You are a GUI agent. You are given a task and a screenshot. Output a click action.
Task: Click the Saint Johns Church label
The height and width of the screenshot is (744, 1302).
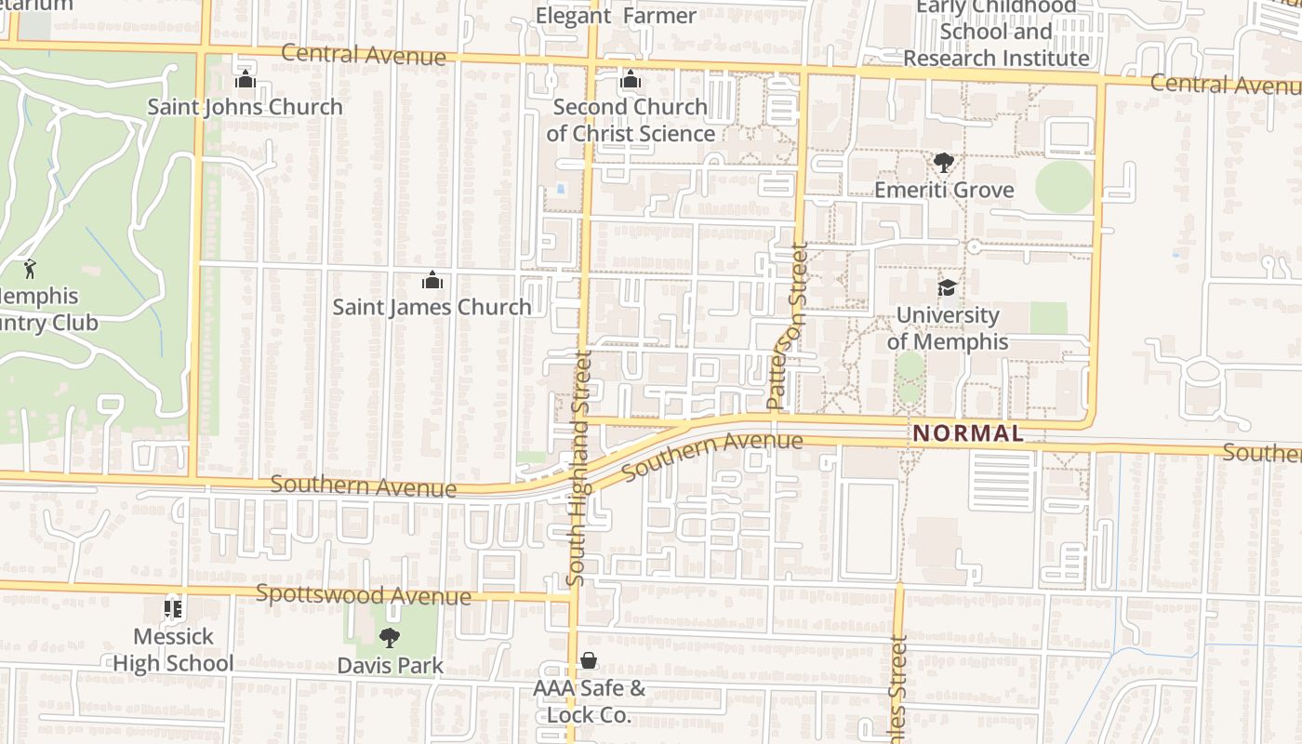[246, 107]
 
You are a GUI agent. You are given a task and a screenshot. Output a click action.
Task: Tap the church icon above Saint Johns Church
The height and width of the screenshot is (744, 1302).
[246, 80]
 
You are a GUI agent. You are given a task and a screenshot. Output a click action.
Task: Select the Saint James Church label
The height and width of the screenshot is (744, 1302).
[432, 307]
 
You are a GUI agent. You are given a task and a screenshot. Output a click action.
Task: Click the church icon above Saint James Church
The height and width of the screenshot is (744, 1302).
[432, 280]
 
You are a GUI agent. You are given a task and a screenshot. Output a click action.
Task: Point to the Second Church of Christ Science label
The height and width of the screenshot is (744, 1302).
[631, 120]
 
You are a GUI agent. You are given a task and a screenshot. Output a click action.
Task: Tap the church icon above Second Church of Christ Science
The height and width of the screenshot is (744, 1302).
[631, 80]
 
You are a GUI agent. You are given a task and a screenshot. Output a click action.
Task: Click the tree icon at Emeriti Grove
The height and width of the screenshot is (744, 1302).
[944, 164]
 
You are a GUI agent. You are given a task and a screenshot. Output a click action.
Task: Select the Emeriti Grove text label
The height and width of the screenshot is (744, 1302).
[944, 190]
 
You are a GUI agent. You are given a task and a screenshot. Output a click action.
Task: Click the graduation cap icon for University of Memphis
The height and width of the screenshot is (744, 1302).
[947, 287]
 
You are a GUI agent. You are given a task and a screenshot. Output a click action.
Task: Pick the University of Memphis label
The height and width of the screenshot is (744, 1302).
[947, 328]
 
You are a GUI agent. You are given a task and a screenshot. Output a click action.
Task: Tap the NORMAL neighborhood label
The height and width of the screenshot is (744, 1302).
[968, 433]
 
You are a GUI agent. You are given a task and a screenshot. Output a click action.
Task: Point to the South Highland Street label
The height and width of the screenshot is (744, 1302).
[578, 468]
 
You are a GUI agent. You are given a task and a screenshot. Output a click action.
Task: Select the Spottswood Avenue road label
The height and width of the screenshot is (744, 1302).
[364, 594]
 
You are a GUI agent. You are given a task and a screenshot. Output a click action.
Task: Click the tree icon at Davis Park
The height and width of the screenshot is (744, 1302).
[390, 638]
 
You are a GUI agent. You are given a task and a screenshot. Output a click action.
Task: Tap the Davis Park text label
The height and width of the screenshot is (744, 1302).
[391, 666]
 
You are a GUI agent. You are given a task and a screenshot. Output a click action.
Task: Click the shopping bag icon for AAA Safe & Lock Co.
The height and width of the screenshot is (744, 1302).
[589, 661]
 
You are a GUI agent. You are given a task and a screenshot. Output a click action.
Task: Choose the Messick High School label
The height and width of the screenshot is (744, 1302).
[174, 650]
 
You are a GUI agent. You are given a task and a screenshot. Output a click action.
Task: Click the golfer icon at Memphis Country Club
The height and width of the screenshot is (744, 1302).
[30, 269]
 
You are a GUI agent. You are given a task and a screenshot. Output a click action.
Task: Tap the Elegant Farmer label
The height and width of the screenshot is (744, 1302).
[616, 16]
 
